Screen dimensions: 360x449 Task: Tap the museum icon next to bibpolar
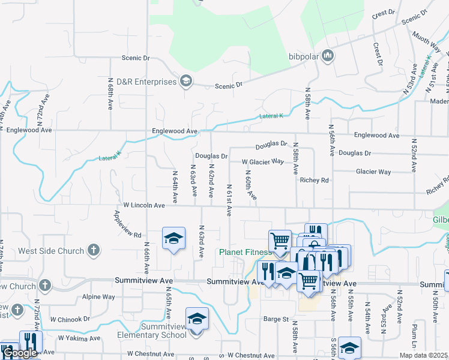point(328,56)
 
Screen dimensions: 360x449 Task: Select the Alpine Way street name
point(98,296)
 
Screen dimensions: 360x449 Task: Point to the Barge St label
point(276,319)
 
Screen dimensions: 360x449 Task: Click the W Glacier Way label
point(263,162)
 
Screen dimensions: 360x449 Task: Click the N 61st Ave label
point(229,200)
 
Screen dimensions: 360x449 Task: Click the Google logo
point(20,353)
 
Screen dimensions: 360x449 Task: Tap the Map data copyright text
point(423,355)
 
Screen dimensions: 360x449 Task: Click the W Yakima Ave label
point(79,338)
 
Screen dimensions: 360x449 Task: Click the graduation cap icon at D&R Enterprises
point(186,82)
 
